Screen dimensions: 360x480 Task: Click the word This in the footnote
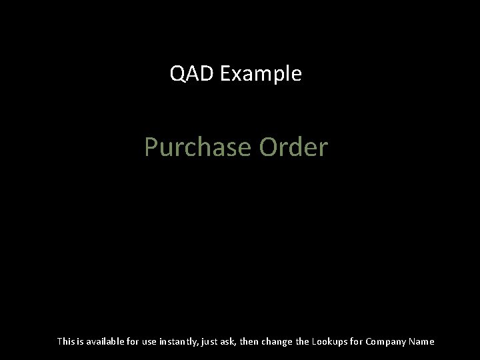(66, 341)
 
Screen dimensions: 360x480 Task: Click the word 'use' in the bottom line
(151, 341)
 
